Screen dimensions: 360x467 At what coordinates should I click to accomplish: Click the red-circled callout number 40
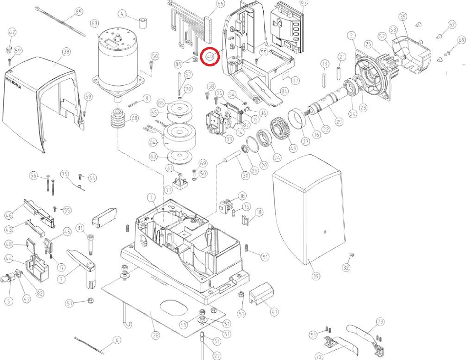(x=210, y=56)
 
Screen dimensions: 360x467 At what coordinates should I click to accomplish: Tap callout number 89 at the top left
(x=78, y=12)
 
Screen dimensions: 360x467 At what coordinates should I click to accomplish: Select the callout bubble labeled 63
(x=94, y=23)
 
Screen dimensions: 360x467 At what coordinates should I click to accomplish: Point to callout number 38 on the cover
(x=66, y=52)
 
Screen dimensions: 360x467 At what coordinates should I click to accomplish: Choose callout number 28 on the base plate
(x=156, y=335)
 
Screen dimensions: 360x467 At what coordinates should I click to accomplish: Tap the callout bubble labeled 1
(x=150, y=197)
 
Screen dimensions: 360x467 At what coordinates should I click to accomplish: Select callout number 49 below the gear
(x=293, y=148)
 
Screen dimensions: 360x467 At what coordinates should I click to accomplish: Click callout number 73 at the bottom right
(x=380, y=321)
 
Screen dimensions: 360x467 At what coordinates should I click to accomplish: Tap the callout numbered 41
(x=274, y=311)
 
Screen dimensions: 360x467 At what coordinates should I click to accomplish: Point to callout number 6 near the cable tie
(x=116, y=340)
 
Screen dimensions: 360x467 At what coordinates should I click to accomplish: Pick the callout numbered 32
(x=346, y=267)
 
